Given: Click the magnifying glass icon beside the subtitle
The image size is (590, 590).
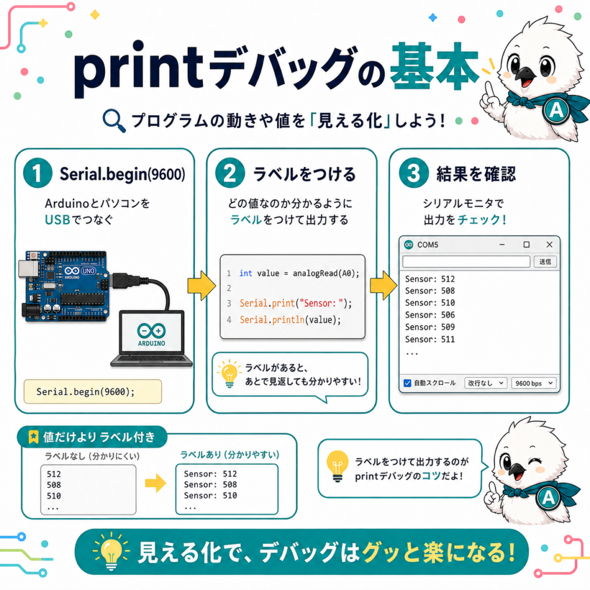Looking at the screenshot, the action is (x=114, y=120).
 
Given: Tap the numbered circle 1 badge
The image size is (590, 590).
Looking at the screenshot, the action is (x=37, y=173).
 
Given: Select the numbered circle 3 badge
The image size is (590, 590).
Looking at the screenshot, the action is (x=414, y=173).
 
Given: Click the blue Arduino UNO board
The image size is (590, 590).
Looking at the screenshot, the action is (x=65, y=286).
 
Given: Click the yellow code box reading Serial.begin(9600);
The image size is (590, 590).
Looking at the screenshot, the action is (x=93, y=392).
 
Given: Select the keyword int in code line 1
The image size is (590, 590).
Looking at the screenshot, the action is (x=245, y=273).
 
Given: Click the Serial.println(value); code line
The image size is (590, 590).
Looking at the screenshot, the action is (x=290, y=320).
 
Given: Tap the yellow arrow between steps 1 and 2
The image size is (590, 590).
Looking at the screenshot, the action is (x=202, y=285).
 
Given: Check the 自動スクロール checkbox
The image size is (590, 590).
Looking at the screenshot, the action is (x=407, y=383).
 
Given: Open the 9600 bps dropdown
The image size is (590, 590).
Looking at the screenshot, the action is (x=534, y=383).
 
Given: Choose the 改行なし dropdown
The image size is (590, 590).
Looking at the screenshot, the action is (x=486, y=383).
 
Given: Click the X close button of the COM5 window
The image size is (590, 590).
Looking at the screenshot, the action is (x=549, y=244).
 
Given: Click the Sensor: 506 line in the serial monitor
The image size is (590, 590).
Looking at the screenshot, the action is (x=430, y=315).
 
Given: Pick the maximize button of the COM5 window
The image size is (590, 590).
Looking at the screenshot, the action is (x=527, y=244).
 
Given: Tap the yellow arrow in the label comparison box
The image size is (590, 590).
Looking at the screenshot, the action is (x=156, y=483).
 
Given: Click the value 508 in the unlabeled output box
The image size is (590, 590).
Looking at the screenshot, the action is (x=54, y=485).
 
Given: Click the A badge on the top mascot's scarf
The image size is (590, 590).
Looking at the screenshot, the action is (x=556, y=110).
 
